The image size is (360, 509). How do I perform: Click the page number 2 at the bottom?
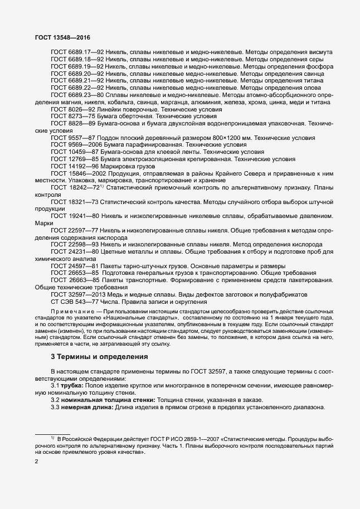pyautogui.click(x=37, y=462)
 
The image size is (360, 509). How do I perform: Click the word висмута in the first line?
pyautogui.click(x=320, y=52)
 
